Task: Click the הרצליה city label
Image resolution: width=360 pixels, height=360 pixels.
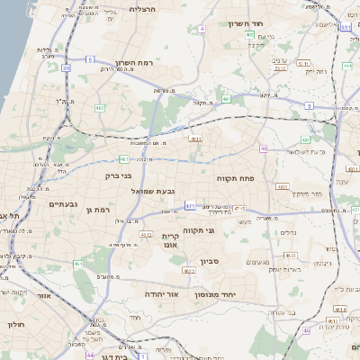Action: tap(142, 9)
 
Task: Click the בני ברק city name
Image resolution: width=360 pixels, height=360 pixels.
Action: tap(119, 176)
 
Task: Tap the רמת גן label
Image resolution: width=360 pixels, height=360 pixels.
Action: tap(98, 210)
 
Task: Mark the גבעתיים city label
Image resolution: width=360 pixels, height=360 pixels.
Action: tap(59, 204)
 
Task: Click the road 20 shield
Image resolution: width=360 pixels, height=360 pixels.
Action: tap(66, 67)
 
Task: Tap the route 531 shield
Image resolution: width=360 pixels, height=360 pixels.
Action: tap(346, 28)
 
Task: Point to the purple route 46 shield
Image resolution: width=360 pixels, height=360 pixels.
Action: tap(264, 148)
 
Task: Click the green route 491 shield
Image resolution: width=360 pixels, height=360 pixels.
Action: tap(227, 99)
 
